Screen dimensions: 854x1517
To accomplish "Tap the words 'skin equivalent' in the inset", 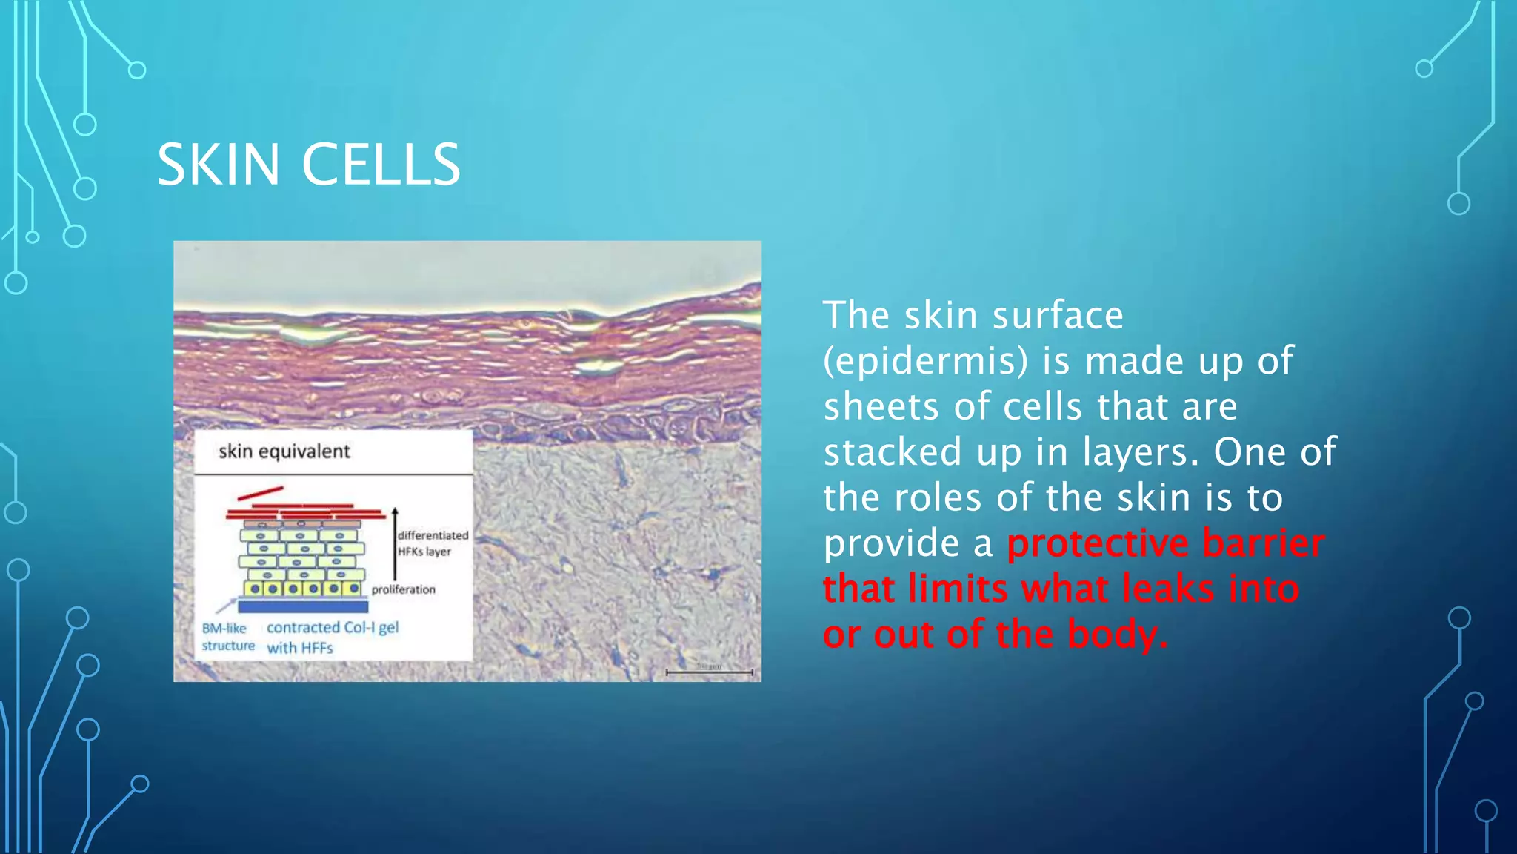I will point(284,451).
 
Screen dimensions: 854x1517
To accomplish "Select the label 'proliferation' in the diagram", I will point(403,589).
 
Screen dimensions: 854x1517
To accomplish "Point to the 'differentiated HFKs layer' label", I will point(433,543).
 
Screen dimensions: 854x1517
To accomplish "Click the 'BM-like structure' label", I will point(227,637).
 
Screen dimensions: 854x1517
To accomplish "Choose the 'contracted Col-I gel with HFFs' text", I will point(332,637).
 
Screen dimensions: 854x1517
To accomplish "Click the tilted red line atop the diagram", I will point(260,492).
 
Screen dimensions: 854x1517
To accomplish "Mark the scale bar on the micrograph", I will point(709,672).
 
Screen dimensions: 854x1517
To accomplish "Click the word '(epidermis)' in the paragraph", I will point(926,361).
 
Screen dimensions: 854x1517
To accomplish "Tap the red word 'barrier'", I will point(1263,543).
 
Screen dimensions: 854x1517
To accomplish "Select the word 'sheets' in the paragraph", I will point(881,407).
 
